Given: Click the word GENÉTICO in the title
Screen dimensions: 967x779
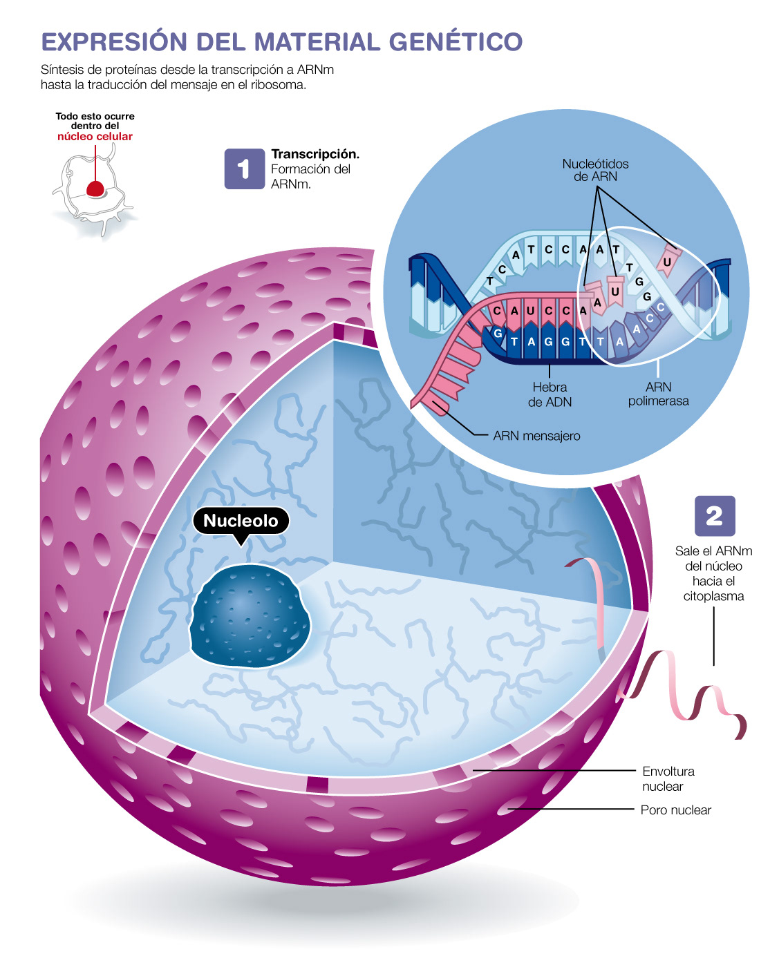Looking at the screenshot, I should coord(456,41).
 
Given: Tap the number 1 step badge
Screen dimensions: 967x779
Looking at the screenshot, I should coord(244,169).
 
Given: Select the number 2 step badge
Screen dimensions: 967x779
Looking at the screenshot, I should coord(714,516).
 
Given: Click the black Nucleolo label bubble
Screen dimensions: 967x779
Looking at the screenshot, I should coord(241,521).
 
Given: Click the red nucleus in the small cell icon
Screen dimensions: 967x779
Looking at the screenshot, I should coord(95,188).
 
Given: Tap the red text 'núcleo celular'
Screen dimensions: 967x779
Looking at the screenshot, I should coord(95,137).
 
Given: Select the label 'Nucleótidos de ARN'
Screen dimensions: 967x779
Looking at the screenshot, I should coord(595,170).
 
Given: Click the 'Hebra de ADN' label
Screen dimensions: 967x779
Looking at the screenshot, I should coord(550,394).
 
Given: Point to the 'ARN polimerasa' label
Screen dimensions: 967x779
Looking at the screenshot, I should coord(658,394).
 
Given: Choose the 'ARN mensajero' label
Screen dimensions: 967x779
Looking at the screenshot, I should coord(536,436).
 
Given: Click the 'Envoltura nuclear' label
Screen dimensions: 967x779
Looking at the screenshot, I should coord(668,778).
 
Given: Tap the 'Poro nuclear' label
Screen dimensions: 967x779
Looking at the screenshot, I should coord(675,810).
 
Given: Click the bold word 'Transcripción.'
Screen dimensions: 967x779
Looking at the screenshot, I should coord(315,154).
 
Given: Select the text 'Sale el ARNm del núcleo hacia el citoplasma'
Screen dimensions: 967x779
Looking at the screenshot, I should coord(713,573).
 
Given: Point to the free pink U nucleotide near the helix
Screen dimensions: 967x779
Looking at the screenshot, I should coord(667,262).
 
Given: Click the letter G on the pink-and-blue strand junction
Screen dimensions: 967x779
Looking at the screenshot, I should coord(498,334).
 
